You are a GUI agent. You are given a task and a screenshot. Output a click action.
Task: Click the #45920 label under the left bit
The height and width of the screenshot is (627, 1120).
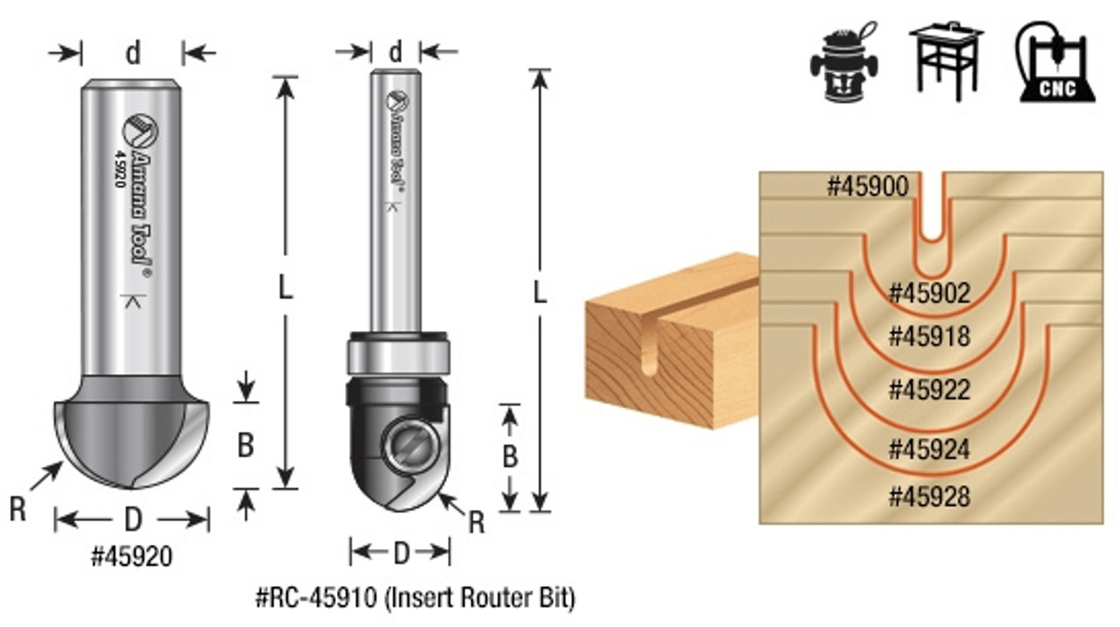(131, 556)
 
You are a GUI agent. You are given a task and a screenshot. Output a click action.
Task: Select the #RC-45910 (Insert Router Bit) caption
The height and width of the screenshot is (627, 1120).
(415, 599)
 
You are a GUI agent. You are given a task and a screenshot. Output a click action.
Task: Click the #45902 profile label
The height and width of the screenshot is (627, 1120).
(929, 293)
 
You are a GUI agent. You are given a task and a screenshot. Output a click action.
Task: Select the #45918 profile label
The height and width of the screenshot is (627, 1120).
(929, 336)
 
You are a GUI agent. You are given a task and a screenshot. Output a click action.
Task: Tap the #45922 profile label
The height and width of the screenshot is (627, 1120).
(929, 389)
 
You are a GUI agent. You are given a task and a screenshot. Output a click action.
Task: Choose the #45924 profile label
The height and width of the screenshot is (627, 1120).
(929, 449)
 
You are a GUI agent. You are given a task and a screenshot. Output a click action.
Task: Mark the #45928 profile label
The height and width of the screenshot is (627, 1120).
(929, 497)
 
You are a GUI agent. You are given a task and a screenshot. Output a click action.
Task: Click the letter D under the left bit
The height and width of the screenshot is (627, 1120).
(132, 520)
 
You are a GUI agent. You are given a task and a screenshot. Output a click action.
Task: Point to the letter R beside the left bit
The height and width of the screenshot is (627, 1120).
(17, 510)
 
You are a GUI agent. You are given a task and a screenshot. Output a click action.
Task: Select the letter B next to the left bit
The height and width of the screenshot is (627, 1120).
(246, 446)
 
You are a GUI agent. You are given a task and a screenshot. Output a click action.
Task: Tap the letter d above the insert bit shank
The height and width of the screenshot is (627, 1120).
(395, 53)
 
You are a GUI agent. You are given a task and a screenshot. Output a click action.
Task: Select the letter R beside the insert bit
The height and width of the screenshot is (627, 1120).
(476, 523)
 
